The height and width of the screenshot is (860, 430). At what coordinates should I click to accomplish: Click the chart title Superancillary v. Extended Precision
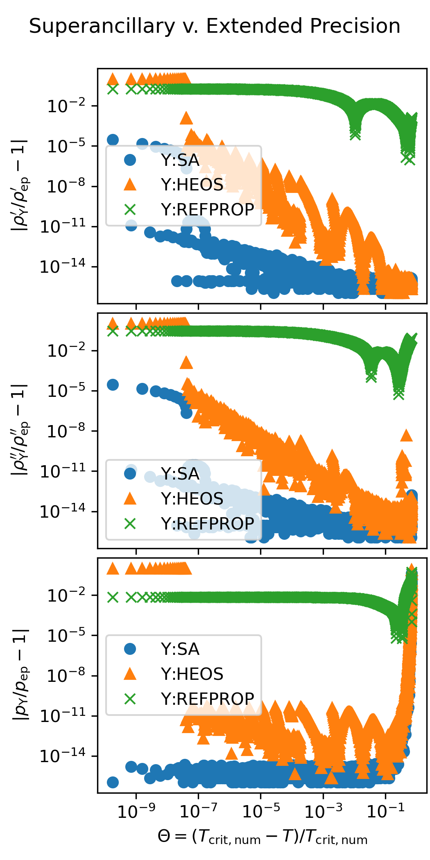pos(215,26)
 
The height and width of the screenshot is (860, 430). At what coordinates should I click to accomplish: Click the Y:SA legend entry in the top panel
pos(180,160)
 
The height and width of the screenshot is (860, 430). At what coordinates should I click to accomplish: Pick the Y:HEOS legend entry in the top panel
pos(192,185)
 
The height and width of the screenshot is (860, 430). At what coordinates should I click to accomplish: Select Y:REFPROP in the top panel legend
pos(207,210)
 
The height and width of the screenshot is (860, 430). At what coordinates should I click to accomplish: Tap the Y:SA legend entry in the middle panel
pos(180,474)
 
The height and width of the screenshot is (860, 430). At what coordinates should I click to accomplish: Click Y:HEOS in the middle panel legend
pos(192,499)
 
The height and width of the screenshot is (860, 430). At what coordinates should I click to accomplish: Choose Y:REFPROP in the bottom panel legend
pos(207,699)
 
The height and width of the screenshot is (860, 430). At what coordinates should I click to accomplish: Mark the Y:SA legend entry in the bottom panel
pos(180,649)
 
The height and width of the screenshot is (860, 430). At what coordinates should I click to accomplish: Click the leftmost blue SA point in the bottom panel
pos(113,782)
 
